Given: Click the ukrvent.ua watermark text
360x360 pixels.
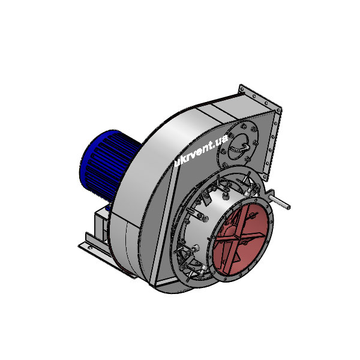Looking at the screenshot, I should [x=199, y=152].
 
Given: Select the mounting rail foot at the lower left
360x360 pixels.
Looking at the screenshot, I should [x=90, y=246].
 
